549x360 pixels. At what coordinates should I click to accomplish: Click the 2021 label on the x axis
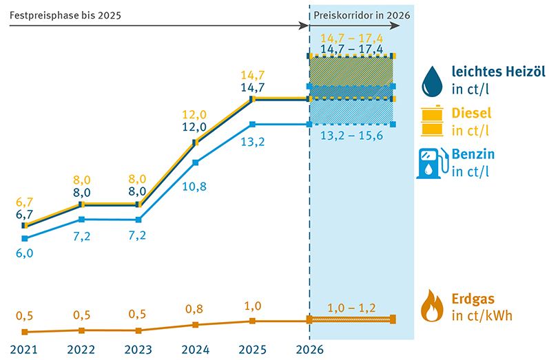click(x=25, y=349)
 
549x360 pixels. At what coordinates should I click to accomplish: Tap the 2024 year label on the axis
click(x=196, y=349)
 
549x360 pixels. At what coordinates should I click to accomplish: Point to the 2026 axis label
click(x=309, y=349)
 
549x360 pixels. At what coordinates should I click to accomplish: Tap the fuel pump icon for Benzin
click(x=431, y=163)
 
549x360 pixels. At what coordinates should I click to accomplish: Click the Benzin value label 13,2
click(x=253, y=142)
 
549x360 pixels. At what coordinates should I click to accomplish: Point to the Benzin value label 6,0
click(x=25, y=253)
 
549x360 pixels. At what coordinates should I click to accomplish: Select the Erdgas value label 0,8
click(x=196, y=310)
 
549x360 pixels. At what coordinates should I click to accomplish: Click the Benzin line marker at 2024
click(x=196, y=162)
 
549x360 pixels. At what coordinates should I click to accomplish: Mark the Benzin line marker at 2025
click(x=253, y=124)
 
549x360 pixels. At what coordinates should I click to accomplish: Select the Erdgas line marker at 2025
click(x=253, y=321)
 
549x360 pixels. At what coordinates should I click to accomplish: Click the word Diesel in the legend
click(x=472, y=113)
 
